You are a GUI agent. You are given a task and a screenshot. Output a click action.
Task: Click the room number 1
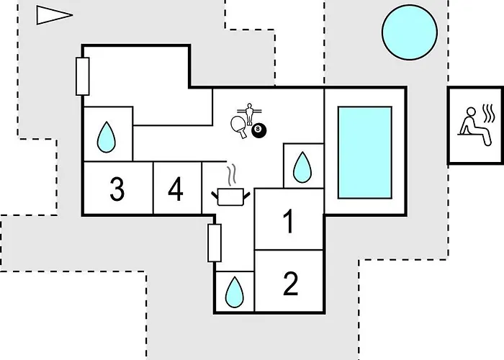coord(289,221)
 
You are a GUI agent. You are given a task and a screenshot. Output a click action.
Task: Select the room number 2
coord(291,284)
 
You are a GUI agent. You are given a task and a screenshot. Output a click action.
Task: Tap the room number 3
coord(117,189)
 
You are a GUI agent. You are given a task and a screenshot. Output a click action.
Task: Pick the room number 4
coord(176,189)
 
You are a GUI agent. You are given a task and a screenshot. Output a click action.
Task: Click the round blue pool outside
coord(410,32)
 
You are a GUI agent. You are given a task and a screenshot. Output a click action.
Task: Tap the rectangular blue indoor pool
coord(365,153)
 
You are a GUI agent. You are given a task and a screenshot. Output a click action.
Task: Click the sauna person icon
coord(475,126)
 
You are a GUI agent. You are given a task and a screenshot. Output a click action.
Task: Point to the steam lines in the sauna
coord(489,113)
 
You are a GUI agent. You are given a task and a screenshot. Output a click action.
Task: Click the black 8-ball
coord(258,130)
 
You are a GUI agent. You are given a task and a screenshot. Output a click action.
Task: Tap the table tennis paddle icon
coord(239,127)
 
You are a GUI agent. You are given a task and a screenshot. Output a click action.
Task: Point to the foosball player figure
coord(249,114)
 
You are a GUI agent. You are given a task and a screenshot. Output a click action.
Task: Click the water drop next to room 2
coord(235,292)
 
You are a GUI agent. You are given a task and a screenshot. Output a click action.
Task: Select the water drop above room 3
coord(106,138)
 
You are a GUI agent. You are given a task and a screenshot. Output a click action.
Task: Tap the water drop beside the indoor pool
coord(302,167)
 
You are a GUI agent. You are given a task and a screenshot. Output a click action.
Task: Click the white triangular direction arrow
coord(54,15)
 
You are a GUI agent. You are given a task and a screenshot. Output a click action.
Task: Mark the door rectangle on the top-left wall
coord(83,76)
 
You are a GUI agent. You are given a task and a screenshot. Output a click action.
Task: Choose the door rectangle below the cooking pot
coord(215,243)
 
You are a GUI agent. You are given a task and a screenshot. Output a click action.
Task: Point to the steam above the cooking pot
coord(232,175)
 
